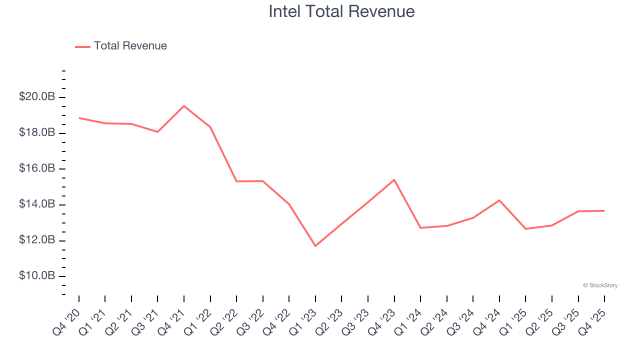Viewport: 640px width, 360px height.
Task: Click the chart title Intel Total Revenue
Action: (341, 11)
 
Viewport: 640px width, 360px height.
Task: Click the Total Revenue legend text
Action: (130, 46)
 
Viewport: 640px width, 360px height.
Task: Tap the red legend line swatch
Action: (82, 46)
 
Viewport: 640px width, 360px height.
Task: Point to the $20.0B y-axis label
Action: (37, 96)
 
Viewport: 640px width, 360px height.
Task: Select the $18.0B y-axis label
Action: (37, 132)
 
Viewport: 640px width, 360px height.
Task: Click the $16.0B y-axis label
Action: (37, 168)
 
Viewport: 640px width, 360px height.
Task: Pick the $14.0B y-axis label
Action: (37, 204)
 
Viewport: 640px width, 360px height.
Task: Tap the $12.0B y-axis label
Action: (37, 240)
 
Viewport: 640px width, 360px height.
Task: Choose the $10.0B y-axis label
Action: (37, 276)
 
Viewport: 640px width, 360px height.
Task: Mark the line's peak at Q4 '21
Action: (184, 106)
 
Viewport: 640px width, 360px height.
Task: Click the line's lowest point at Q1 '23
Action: (315, 245)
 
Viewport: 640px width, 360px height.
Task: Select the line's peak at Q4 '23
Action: (394, 179)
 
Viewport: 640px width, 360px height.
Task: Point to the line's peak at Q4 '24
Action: (499, 200)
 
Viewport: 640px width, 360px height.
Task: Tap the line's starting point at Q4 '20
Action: (79, 118)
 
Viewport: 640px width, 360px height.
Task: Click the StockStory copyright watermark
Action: (600, 285)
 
